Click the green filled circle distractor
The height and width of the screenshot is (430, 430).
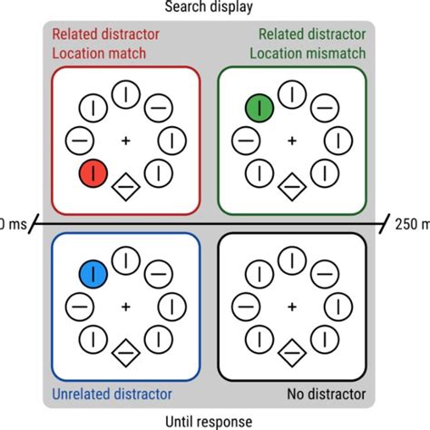(x=259, y=109)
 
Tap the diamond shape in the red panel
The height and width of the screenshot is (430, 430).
(x=125, y=188)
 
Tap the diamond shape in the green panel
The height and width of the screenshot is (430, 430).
(x=291, y=188)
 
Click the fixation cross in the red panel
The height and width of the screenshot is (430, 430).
(x=125, y=141)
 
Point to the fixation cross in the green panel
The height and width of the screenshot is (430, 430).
(x=291, y=141)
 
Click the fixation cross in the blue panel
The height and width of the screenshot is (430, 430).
(x=125, y=305)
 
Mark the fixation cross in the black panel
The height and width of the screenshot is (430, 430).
(x=291, y=305)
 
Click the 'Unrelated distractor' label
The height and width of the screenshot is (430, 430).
(x=112, y=394)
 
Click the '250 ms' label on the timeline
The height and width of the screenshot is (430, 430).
(x=411, y=222)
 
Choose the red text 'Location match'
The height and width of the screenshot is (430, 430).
(x=99, y=54)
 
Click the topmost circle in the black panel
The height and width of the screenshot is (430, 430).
(x=291, y=259)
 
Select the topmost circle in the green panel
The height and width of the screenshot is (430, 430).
(x=291, y=94)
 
